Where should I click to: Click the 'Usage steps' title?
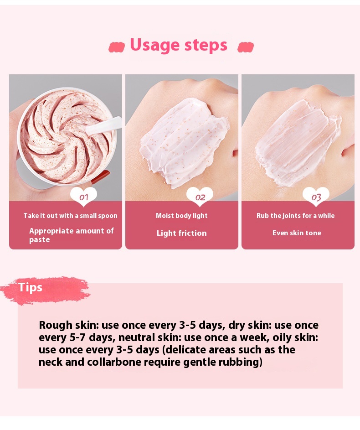(178, 45)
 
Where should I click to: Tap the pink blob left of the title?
(117, 47)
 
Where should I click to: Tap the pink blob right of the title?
(246, 47)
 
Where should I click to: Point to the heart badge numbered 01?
(83, 197)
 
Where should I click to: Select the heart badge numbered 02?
(200, 197)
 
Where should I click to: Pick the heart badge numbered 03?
(316, 197)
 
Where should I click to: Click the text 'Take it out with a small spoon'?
(71, 216)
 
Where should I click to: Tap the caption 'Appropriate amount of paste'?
(71, 235)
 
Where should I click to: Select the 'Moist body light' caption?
(182, 216)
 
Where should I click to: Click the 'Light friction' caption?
(182, 233)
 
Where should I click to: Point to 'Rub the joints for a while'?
(295, 216)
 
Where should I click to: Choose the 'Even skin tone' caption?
(297, 233)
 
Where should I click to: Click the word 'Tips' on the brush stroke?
(30, 287)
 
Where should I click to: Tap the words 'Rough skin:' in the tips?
(68, 325)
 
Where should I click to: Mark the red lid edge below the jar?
(101, 177)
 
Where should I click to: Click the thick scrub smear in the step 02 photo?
(184, 143)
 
